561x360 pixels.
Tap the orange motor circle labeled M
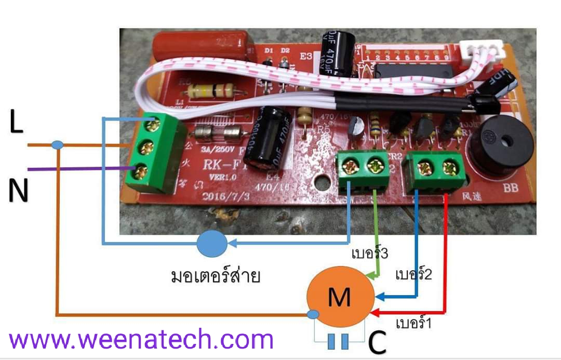pos(340,297)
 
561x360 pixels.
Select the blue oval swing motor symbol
pos(211,243)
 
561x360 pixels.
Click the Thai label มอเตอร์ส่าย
pos(216,275)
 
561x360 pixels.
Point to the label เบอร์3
pos(370,255)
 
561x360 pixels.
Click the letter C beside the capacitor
pos(378,343)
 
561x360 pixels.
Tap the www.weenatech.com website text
pos(141,340)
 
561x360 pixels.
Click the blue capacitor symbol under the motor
pos(338,341)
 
